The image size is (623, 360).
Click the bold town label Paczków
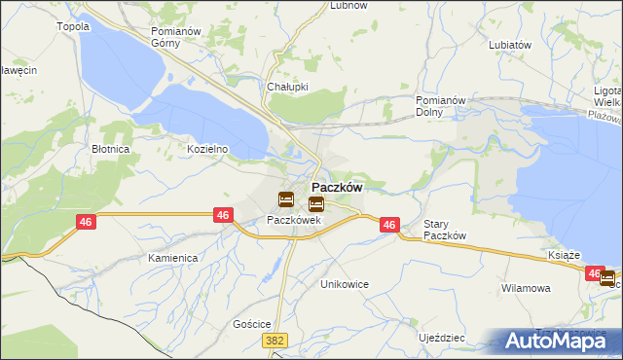337,188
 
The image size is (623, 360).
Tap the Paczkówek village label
294,220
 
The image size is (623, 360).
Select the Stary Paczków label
446,230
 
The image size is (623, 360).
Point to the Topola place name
74,26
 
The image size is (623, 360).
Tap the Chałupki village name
287,86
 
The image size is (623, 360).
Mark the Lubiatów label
510,45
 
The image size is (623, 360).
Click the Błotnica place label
110,149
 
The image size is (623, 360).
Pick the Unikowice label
346,283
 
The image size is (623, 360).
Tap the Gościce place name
251,323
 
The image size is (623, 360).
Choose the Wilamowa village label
526,288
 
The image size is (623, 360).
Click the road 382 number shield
275,341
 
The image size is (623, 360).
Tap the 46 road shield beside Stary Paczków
389,225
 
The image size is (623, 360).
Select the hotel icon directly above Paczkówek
285,199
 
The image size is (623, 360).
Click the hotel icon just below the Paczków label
316,204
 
